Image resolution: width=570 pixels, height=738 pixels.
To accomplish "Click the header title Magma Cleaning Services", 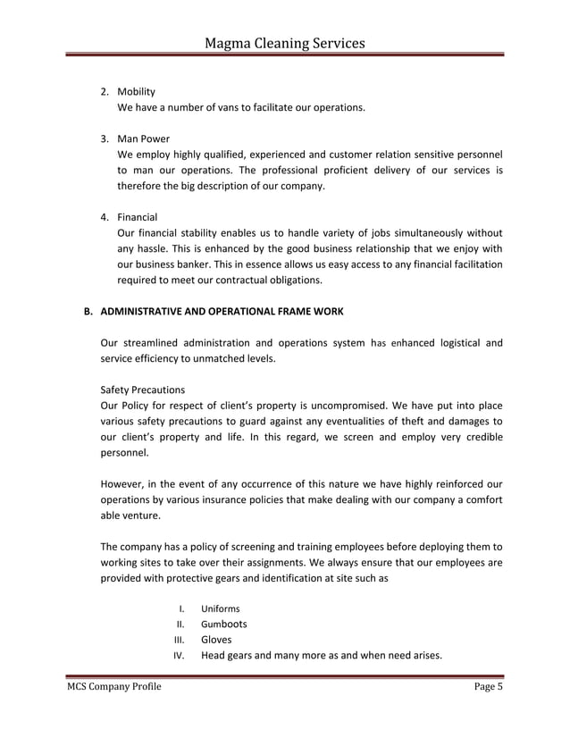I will coord(285,41).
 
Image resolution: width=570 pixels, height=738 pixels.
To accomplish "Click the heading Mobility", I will coord(137,91).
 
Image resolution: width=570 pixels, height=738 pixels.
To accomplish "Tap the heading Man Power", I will coord(144,138).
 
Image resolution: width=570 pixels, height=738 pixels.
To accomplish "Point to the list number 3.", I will coord(104,138).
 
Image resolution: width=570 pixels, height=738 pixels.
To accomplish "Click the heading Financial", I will coord(138,217).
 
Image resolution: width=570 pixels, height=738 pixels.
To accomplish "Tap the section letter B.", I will coord(88,312).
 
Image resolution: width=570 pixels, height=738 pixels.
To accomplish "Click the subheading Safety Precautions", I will coord(143,390).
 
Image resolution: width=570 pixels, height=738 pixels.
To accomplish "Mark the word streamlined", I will coord(147,343).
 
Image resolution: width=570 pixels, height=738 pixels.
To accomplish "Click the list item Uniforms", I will coord(221,608).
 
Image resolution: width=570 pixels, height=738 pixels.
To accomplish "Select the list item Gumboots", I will coord(224,624).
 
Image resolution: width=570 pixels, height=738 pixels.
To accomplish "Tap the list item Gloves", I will coord(216,640).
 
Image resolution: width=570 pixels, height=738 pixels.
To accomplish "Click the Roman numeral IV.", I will coord(177,656).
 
